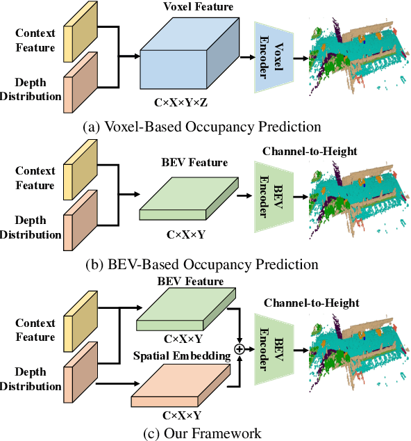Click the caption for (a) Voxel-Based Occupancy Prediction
click(201, 127)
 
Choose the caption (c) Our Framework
click(201, 433)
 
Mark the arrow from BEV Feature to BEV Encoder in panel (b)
click(245, 197)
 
